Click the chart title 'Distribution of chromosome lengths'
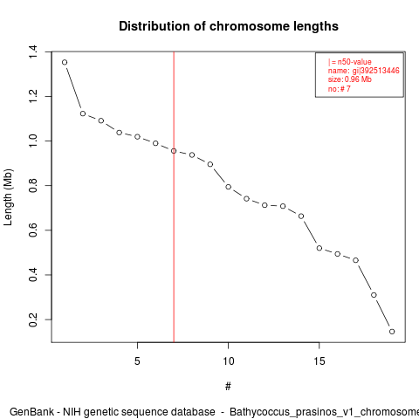[229, 26]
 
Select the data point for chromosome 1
[65, 62]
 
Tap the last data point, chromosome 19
[392, 332]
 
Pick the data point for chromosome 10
[229, 187]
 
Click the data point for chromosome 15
[319, 248]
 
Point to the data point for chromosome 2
[83, 113]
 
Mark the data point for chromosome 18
[374, 295]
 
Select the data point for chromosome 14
[301, 216]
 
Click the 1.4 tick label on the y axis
[33, 52]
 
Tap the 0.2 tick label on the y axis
[33, 319]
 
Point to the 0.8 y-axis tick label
[33, 186]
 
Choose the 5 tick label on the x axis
[137, 361]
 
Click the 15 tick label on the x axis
[319, 361]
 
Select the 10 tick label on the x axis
[229, 361]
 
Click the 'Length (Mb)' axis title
[8, 197]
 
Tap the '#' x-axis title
[228, 387]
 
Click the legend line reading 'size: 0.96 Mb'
[350, 79]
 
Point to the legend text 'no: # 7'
[340, 88]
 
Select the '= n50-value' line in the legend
[352, 62]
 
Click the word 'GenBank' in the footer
[31, 412]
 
